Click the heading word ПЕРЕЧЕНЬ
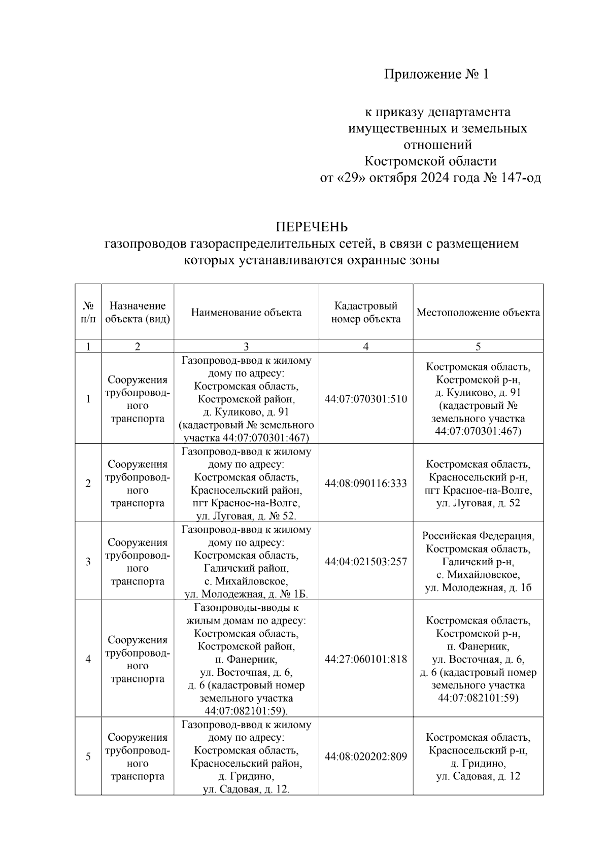311,226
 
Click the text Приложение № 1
436,75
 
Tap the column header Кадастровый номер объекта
365,312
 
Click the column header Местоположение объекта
478,312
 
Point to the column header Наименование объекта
246,312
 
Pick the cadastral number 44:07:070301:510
365,399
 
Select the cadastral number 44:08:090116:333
365,484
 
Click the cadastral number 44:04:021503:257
365,562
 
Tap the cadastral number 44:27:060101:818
365,659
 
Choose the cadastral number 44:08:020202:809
365,756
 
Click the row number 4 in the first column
88,659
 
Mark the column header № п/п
88,312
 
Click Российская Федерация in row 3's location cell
478,536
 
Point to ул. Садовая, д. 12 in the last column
478,776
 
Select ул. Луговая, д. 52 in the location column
478,503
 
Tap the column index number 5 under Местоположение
478,347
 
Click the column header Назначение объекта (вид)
138,312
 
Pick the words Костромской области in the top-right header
430,161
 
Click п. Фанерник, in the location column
478,646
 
